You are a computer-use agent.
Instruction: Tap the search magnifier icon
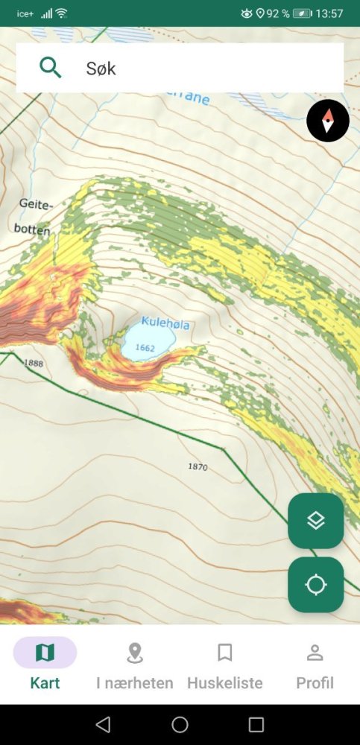click(50, 68)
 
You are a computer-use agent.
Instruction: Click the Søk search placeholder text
click(101, 69)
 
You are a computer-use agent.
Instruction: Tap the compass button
click(328, 120)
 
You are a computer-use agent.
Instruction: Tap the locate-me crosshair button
click(316, 585)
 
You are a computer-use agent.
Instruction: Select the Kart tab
click(45, 663)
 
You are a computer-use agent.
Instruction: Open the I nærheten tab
click(135, 663)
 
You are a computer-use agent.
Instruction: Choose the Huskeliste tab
click(225, 663)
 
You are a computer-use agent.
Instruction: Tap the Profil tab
click(315, 663)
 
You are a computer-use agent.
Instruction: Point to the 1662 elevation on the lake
click(145, 348)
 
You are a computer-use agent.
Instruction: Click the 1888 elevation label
click(34, 363)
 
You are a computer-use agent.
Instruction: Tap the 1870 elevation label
click(198, 467)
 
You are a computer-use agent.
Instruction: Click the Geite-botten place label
click(33, 216)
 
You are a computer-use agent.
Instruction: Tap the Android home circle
click(180, 724)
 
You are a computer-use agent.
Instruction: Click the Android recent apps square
click(256, 724)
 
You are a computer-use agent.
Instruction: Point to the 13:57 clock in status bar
click(329, 13)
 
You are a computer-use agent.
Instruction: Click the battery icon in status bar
click(303, 13)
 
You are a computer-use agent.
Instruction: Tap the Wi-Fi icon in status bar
click(61, 13)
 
